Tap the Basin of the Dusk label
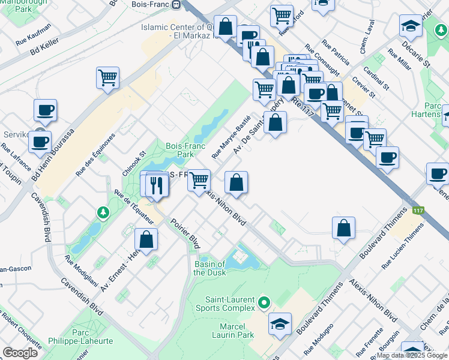(x=209, y=268)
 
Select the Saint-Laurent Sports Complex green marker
(x=265, y=301)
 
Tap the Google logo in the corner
(x=20, y=353)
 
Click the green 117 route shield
(x=418, y=211)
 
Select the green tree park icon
(x=103, y=212)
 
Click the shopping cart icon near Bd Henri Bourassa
(x=107, y=77)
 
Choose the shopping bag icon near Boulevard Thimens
(x=343, y=228)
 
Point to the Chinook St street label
(x=134, y=161)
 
